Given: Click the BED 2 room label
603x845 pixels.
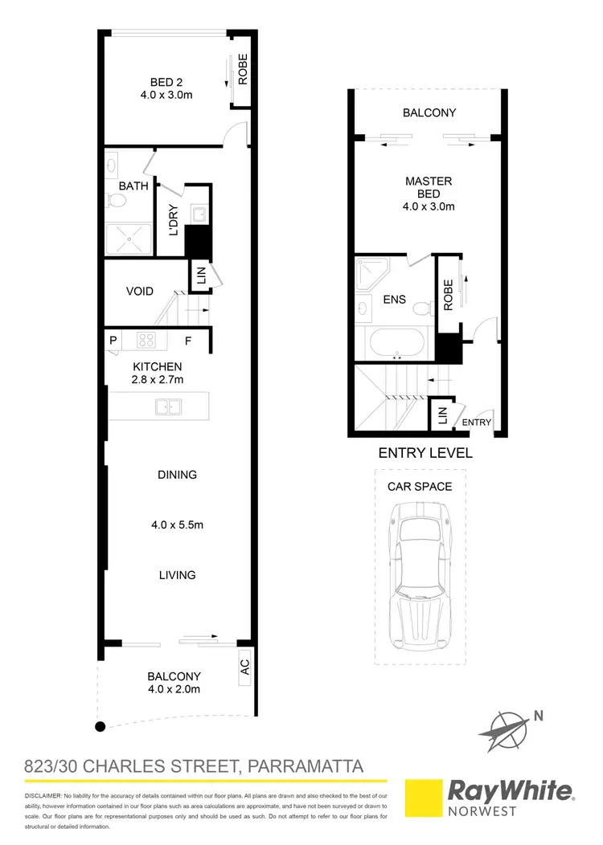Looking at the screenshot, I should [171, 81].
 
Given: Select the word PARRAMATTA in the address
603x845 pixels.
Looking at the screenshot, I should [303, 765].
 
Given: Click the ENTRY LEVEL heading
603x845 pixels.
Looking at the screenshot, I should [425, 453].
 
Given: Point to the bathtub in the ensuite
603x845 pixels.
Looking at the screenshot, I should [394, 344].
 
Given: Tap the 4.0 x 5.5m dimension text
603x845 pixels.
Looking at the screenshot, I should [178, 525].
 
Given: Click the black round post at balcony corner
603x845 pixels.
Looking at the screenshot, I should [100, 727].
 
